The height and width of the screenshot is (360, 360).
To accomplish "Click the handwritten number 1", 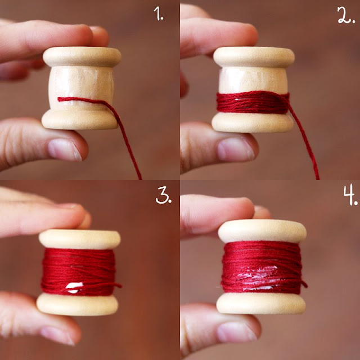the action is [159, 13].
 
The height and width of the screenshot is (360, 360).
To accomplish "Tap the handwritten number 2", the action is [346, 15].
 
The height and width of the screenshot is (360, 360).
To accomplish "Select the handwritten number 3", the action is [164, 195].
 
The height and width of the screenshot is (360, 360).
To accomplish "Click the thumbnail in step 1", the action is [65, 149].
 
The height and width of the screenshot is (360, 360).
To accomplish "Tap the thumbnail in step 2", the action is [236, 148].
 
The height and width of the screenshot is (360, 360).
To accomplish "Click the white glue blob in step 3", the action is [74, 287].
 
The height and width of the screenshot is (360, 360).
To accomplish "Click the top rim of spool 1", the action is [82, 56].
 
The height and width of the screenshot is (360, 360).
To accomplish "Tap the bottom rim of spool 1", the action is [80, 119].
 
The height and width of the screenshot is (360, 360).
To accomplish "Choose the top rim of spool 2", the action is [254, 57].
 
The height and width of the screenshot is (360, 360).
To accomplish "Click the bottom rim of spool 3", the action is [78, 304].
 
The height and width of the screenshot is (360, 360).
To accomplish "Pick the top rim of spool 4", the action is [262, 231].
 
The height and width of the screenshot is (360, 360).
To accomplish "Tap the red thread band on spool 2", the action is [253, 102].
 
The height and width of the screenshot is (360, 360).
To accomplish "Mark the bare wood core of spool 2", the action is [253, 80].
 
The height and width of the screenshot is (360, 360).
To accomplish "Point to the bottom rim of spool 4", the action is [261, 303].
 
